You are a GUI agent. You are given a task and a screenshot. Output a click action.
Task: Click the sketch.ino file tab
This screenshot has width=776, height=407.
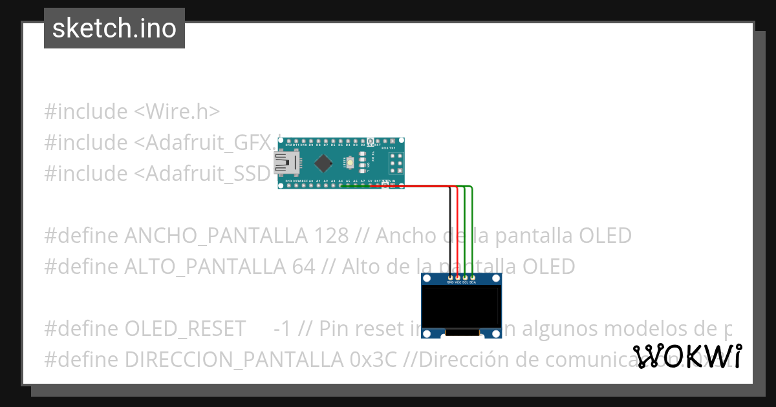[114, 28]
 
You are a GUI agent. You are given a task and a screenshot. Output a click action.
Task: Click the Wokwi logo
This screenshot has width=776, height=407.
[687, 356]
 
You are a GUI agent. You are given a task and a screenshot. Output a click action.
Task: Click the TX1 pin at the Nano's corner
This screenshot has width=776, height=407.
[393, 141]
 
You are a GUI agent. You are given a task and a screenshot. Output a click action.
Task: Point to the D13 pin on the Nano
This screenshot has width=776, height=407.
[288, 185]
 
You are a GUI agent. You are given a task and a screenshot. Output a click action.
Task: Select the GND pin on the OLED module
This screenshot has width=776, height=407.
[450, 278]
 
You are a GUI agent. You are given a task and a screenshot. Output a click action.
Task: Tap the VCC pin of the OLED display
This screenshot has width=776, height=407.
[458, 278]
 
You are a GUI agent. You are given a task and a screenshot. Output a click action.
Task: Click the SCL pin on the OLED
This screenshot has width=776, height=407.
[465, 278]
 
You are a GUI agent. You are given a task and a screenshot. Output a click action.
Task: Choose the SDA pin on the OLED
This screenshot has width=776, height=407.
[473, 278]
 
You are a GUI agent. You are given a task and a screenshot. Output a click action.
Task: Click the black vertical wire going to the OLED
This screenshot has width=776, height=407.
[450, 233]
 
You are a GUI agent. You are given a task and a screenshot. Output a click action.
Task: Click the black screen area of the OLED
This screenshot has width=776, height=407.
[461, 307]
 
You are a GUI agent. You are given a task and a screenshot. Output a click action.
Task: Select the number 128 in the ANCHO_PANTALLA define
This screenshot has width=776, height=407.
[331, 236]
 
